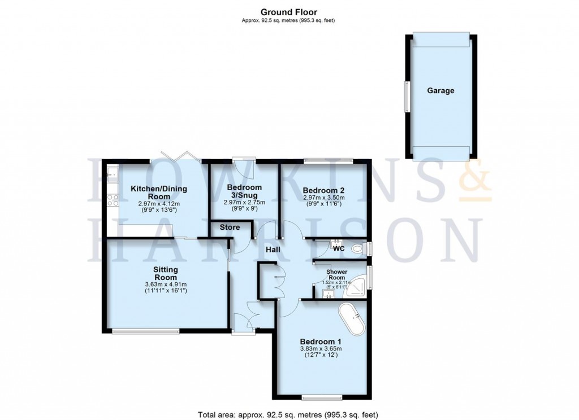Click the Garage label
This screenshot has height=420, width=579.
click(440, 90)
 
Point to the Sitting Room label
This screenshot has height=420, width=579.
click(166, 273)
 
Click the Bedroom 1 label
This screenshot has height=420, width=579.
click(321, 342)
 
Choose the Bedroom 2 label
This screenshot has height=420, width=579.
click(323, 190)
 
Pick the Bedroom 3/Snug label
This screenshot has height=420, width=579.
click(244, 191)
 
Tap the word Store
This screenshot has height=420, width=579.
click(230, 228)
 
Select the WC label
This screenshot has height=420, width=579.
click(339, 248)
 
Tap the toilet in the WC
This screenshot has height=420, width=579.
click(358, 248)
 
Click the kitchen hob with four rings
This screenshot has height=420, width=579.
click(111, 199)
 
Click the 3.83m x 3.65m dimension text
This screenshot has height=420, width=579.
click(321, 349)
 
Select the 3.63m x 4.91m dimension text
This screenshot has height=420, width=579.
click(166, 284)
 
